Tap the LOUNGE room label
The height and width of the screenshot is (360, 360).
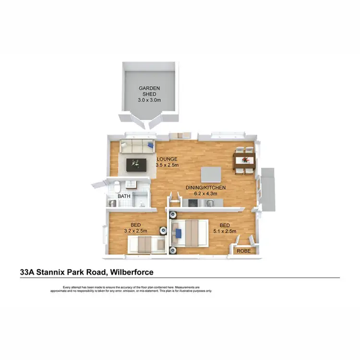(167, 159)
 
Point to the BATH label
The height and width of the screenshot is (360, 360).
(124, 196)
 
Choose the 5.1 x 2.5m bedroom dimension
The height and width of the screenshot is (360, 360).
(225, 231)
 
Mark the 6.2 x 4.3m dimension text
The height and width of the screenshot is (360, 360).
(206, 193)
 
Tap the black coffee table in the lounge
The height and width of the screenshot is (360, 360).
(136, 165)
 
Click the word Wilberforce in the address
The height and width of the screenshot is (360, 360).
(132, 272)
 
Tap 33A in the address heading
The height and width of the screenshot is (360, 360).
(27, 272)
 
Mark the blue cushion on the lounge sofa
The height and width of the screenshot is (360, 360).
(150, 143)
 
